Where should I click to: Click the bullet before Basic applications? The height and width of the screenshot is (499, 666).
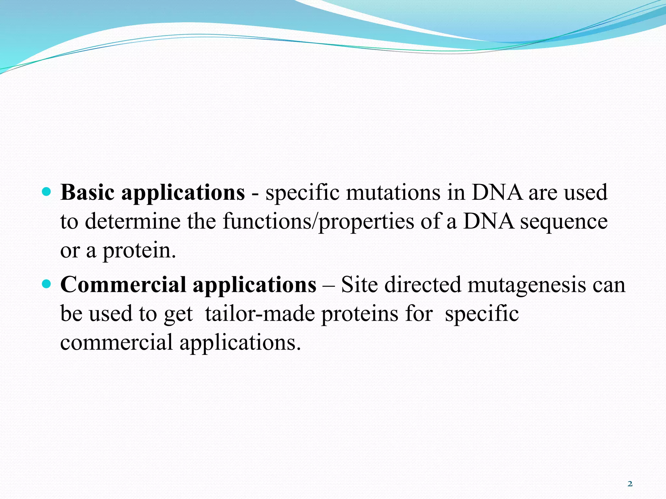coord(47,192)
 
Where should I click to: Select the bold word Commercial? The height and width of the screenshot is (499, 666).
coord(123,285)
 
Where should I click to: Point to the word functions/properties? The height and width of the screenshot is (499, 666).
coord(318,222)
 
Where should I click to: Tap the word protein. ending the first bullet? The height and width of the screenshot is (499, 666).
coord(139,251)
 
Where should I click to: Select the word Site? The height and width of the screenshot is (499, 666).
coord(359,285)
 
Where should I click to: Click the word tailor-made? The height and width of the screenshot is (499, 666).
coord(260,314)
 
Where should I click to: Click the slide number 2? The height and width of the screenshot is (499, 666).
coord(630,484)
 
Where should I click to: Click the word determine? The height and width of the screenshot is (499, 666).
coord(132,222)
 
